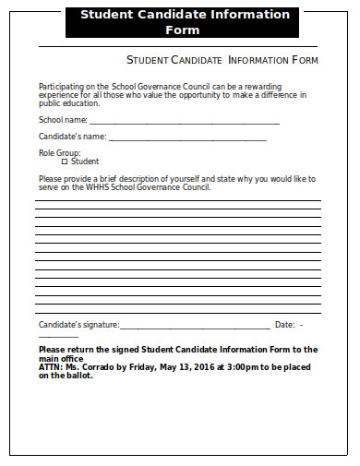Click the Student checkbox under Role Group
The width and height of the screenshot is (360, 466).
tap(64, 161)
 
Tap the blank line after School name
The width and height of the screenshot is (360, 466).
tap(184, 122)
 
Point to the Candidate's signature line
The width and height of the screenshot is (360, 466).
tap(195, 327)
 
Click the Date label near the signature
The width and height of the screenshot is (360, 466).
tap(284, 325)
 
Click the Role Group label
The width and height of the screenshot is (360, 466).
tap(59, 152)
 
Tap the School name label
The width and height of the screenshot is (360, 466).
tap(63, 120)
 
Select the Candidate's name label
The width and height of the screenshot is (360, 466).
tap(72, 137)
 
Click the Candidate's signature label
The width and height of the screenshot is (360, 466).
tap(78, 325)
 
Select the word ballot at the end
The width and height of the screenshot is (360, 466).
tap(78, 376)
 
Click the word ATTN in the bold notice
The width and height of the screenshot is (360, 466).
tap(50, 367)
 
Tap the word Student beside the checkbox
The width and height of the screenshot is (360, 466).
tap(85, 161)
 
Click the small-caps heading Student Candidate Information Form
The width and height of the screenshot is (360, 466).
tap(222, 60)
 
